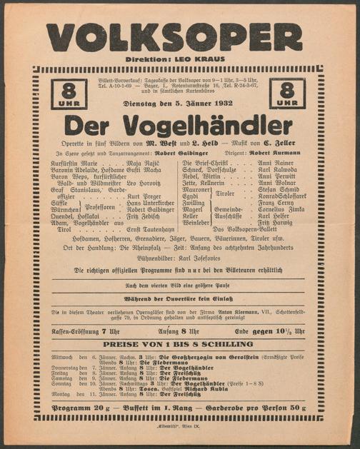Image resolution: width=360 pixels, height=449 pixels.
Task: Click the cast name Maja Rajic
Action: (144, 163)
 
